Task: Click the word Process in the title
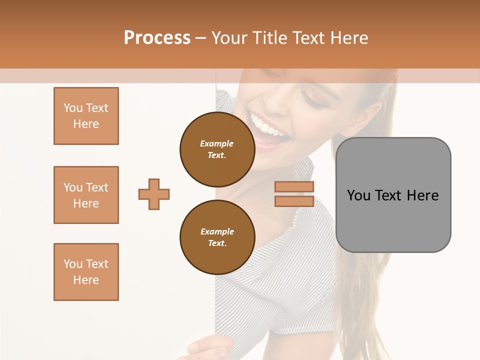[157, 38]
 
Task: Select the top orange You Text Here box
[86, 116]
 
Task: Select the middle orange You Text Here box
[86, 195]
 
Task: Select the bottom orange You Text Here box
[86, 272]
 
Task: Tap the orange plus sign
[154, 194]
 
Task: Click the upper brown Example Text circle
[217, 149]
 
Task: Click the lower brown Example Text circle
[217, 237]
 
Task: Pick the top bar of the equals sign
[294, 187]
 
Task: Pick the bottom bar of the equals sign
[294, 201]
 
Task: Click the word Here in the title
[348, 38]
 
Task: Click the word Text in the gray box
[389, 195]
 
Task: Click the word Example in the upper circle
[217, 143]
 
